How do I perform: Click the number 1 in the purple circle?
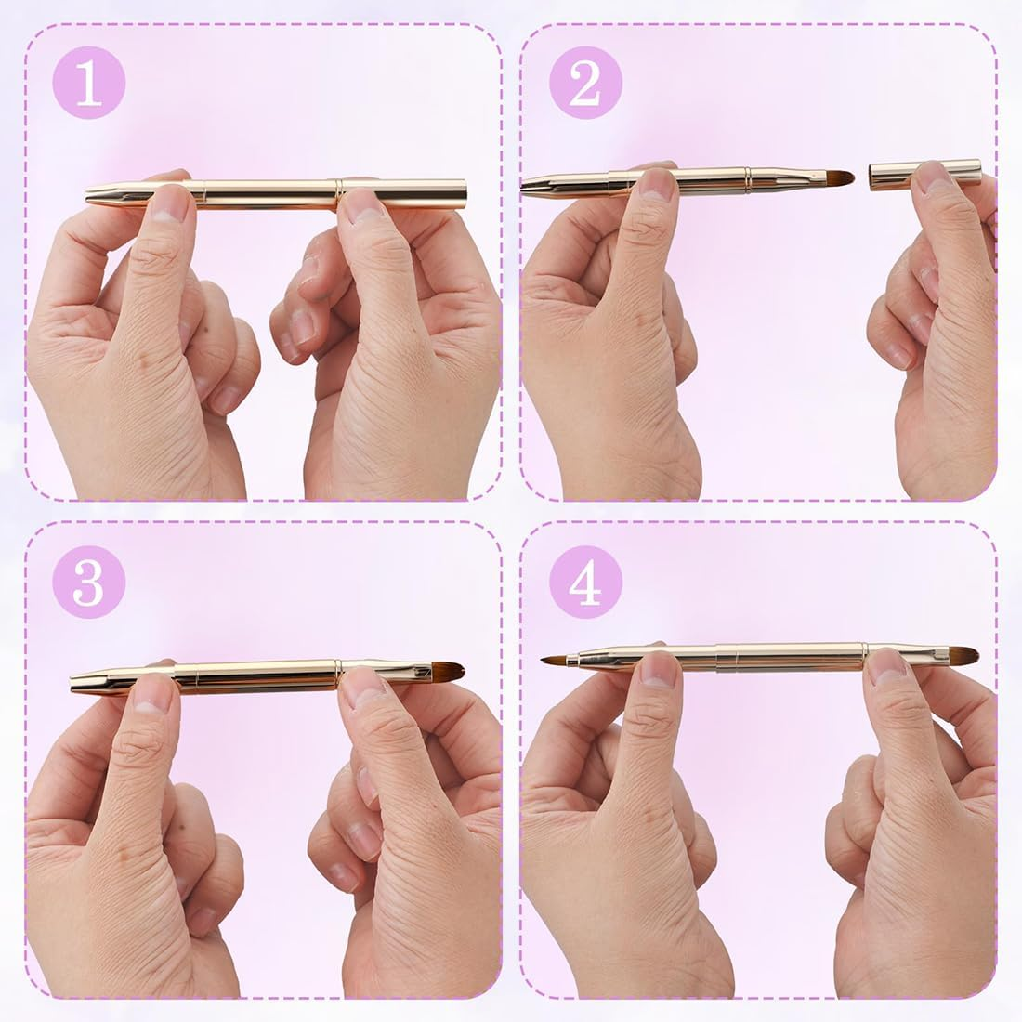88,85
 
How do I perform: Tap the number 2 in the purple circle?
584,85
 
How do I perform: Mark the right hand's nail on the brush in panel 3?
364,684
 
